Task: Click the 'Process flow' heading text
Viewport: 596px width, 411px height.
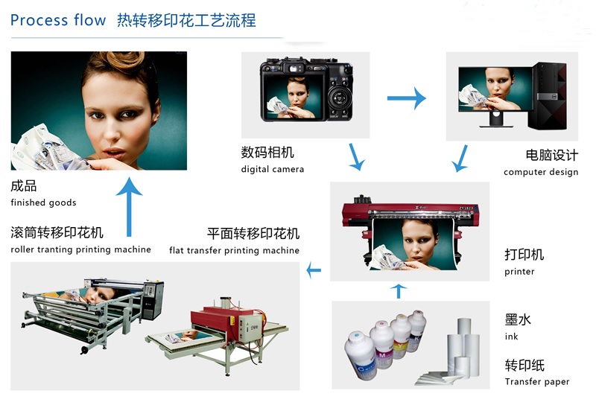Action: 58,20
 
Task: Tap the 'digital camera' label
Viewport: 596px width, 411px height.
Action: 272,169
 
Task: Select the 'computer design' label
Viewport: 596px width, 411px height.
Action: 541,172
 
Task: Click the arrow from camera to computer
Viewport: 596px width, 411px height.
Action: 406,98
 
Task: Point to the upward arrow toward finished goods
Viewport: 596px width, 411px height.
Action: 129,207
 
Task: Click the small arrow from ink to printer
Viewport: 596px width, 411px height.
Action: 399,291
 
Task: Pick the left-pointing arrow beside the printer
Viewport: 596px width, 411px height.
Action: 314,270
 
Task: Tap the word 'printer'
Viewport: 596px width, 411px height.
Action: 519,272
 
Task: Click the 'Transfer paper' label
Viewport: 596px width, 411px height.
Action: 536,381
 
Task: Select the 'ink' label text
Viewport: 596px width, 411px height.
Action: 511,336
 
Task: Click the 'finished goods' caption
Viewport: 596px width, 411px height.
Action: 43,203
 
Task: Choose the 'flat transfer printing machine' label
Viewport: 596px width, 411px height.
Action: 234,250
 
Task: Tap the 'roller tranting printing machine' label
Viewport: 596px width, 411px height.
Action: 80,249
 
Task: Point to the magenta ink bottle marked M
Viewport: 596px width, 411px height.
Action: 381,344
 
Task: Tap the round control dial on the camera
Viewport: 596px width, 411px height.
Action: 338,98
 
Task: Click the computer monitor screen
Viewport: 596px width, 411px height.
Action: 495,89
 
